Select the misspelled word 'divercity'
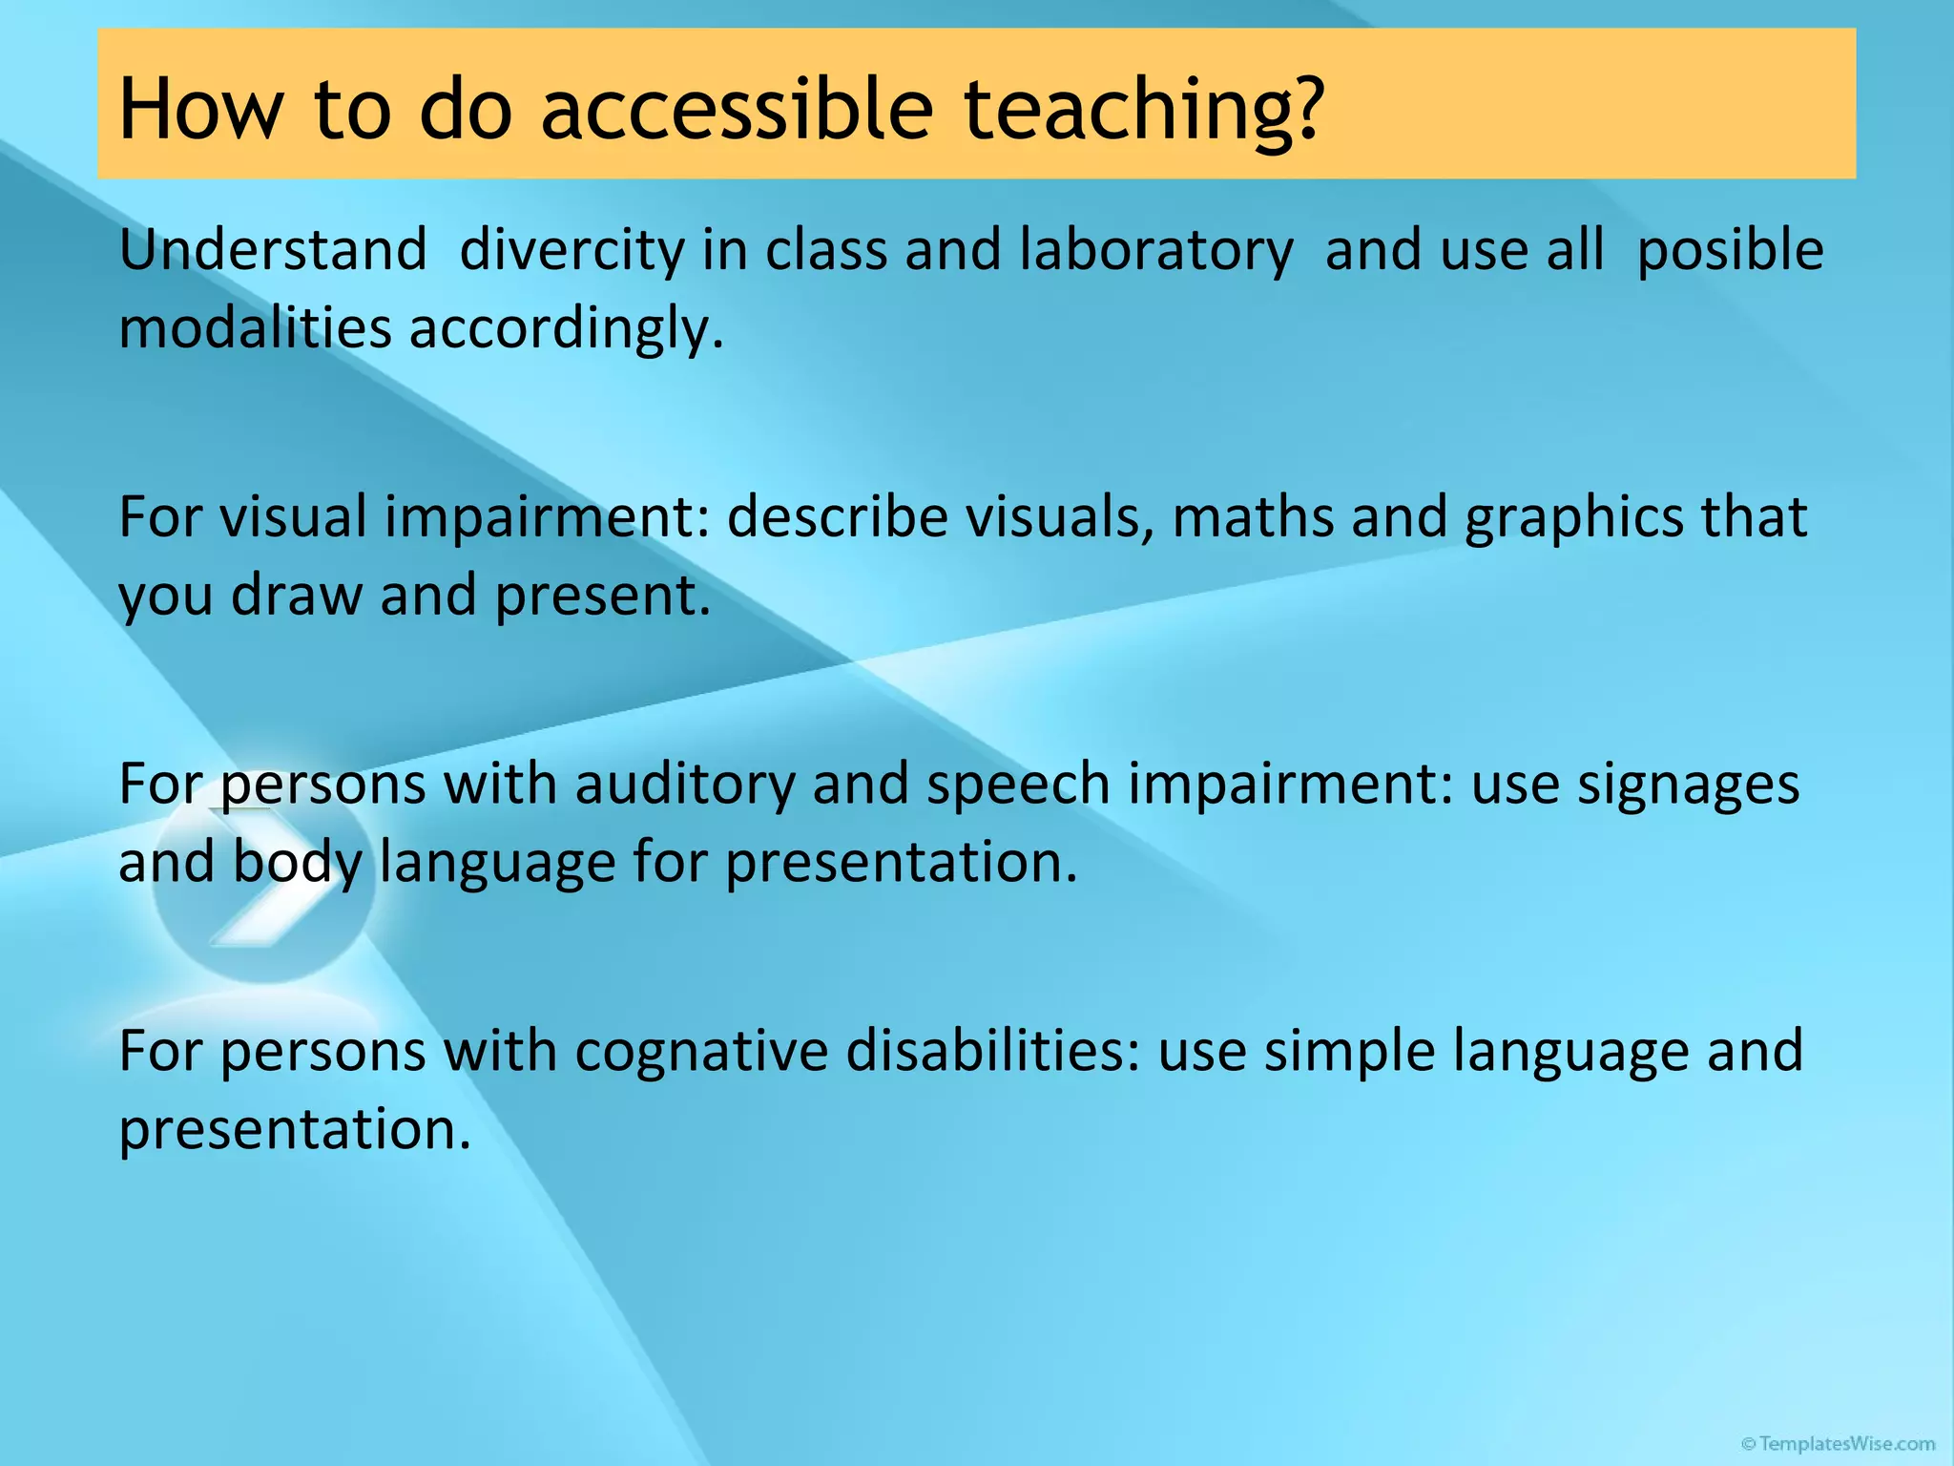coord(572,250)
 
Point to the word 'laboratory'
coord(1155,250)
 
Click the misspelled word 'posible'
coord(1729,250)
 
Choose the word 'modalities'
coord(255,327)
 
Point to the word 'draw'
coord(297,595)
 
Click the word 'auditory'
coord(684,785)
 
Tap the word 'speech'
coord(1018,785)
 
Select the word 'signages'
coord(1688,785)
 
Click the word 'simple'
coord(1349,1052)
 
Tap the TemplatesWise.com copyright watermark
coord(1838,1444)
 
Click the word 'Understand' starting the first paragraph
coord(273,250)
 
